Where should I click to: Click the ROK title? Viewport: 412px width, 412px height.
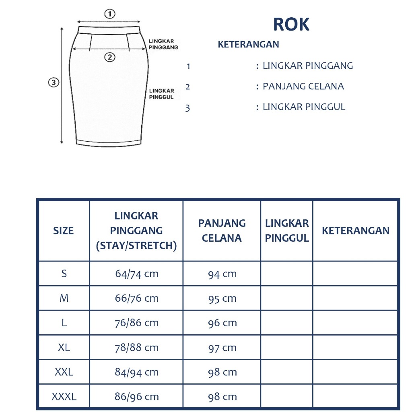[291, 25]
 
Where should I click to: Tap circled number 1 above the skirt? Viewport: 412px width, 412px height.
[109, 14]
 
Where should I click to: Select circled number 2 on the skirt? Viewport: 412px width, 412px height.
[109, 57]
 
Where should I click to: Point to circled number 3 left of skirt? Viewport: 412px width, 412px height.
[54, 83]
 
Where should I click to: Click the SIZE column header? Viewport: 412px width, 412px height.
[64, 231]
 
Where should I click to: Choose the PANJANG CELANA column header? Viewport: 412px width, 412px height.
[222, 231]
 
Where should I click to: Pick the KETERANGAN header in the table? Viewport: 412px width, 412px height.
[355, 231]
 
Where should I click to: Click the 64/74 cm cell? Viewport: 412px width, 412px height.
[136, 274]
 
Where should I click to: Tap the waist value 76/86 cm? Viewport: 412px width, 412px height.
[136, 323]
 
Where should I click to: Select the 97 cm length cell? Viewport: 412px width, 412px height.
[222, 348]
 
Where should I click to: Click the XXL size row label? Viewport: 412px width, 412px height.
[64, 372]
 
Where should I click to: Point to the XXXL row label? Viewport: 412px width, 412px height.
[64, 397]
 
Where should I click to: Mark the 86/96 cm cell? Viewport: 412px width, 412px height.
[136, 397]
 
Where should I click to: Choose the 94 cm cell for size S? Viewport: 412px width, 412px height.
[222, 274]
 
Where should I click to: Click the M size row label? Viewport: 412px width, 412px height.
[64, 299]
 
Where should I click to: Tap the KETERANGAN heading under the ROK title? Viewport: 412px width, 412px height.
[248, 44]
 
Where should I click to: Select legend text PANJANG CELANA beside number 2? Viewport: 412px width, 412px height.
[303, 87]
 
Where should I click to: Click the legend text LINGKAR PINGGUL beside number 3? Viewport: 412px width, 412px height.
[304, 107]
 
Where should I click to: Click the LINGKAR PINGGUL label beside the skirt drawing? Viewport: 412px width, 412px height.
[161, 94]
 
